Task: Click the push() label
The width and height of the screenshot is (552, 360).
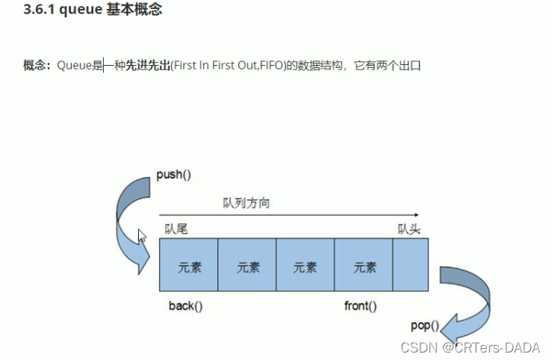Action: click(x=174, y=176)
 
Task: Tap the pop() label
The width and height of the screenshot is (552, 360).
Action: click(x=424, y=326)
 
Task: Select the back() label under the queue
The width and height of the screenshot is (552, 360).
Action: click(x=186, y=305)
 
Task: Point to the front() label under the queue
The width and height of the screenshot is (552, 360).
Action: click(x=360, y=305)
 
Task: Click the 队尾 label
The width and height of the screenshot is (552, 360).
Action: click(x=176, y=229)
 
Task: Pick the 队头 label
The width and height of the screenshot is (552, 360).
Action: click(x=410, y=229)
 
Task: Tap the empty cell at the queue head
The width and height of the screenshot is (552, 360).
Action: click(x=410, y=264)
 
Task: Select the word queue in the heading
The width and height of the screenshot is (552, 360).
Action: click(x=76, y=11)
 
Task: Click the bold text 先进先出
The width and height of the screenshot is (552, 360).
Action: click(x=148, y=66)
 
